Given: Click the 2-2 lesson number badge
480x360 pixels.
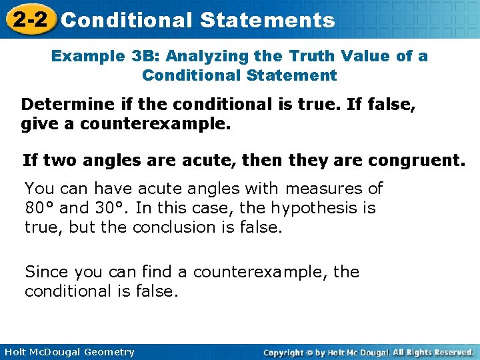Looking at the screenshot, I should [x=27, y=19].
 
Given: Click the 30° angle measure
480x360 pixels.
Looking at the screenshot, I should [x=114, y=208].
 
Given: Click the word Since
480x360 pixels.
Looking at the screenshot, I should [x=47, y=272].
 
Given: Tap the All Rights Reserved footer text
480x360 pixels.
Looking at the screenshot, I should [x=433, y=352].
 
